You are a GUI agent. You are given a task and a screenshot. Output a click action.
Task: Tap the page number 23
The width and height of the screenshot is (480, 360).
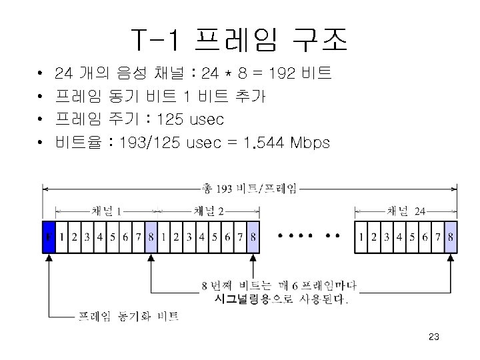point(433,338)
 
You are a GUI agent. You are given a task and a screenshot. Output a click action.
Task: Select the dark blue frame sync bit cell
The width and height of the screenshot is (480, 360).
point(48,237)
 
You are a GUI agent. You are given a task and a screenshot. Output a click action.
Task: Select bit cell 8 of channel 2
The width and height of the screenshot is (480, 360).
point(253,237)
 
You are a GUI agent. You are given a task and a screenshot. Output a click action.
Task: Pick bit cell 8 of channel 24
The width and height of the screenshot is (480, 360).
point(451,237)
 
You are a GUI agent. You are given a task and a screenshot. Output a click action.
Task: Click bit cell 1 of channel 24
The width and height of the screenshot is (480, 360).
point(361,237)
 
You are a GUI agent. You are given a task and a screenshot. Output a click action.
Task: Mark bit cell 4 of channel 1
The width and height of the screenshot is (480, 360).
point(100,237)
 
